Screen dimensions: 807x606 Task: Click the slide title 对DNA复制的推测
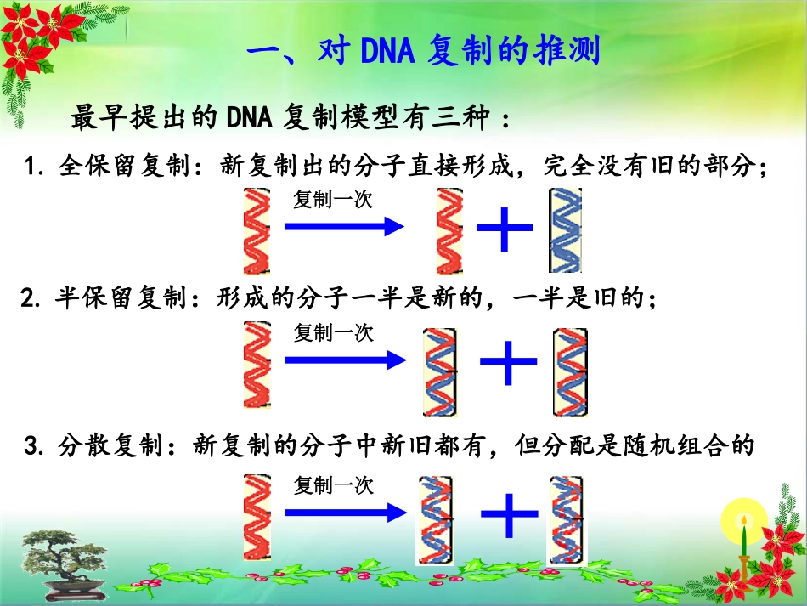point(423,53)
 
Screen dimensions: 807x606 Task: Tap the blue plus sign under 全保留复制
point(505,227)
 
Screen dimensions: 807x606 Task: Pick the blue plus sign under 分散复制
point(510,513)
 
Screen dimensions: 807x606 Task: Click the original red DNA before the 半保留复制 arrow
point(256,365)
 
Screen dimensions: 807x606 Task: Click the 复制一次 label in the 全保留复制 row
point(333,200)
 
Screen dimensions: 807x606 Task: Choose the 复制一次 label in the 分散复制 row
point(333,485)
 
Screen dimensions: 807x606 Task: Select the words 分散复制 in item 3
point(110,445)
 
